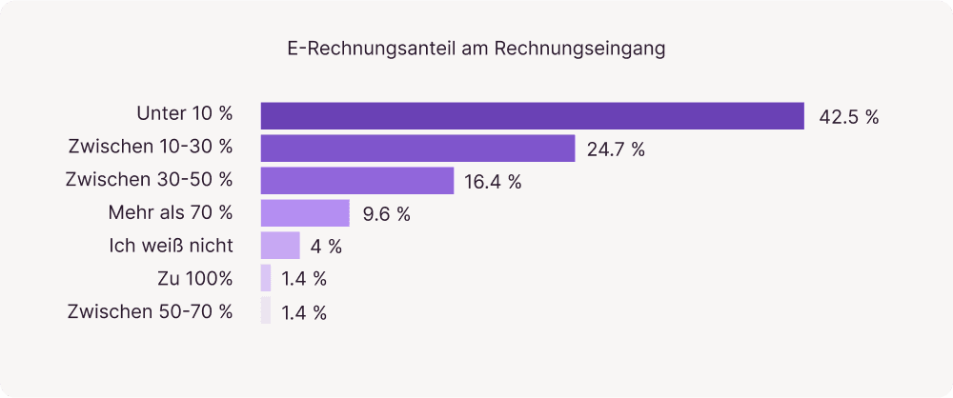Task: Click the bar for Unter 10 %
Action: (x=533, y=116)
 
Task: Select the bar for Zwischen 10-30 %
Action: (x=417, y=149)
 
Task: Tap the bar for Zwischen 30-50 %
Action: (x=357, y=181)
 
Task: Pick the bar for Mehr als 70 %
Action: (x=306, y=213)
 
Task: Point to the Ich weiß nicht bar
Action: (x=280, y=246)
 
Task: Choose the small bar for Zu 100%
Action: (x=266, y=278)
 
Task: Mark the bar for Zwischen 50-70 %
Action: (x=266, y=310)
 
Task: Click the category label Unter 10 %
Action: (x=185, y=114)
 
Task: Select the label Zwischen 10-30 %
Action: (x=151, y=147)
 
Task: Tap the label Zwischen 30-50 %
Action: (x=149, y=179)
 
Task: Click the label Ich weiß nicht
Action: (x=172, y=244)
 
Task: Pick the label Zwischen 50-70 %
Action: (x=151, y=310)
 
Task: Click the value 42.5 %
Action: (x=848, y=118)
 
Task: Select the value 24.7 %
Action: (x=616, y=150)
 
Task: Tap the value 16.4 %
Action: (x=493, y=183)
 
